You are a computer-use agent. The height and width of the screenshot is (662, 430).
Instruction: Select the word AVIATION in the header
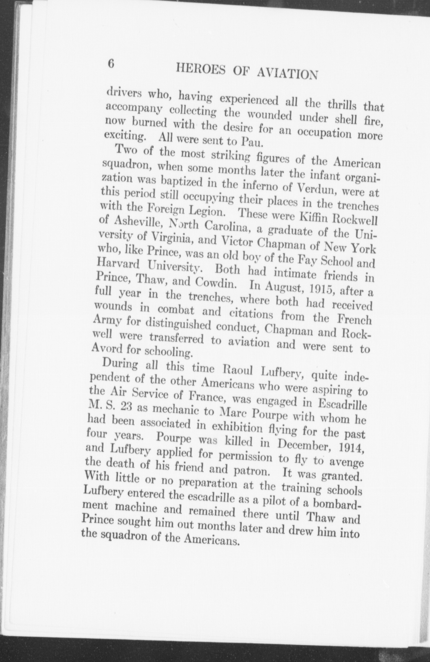pyautogui.click(x=287, y=74)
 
